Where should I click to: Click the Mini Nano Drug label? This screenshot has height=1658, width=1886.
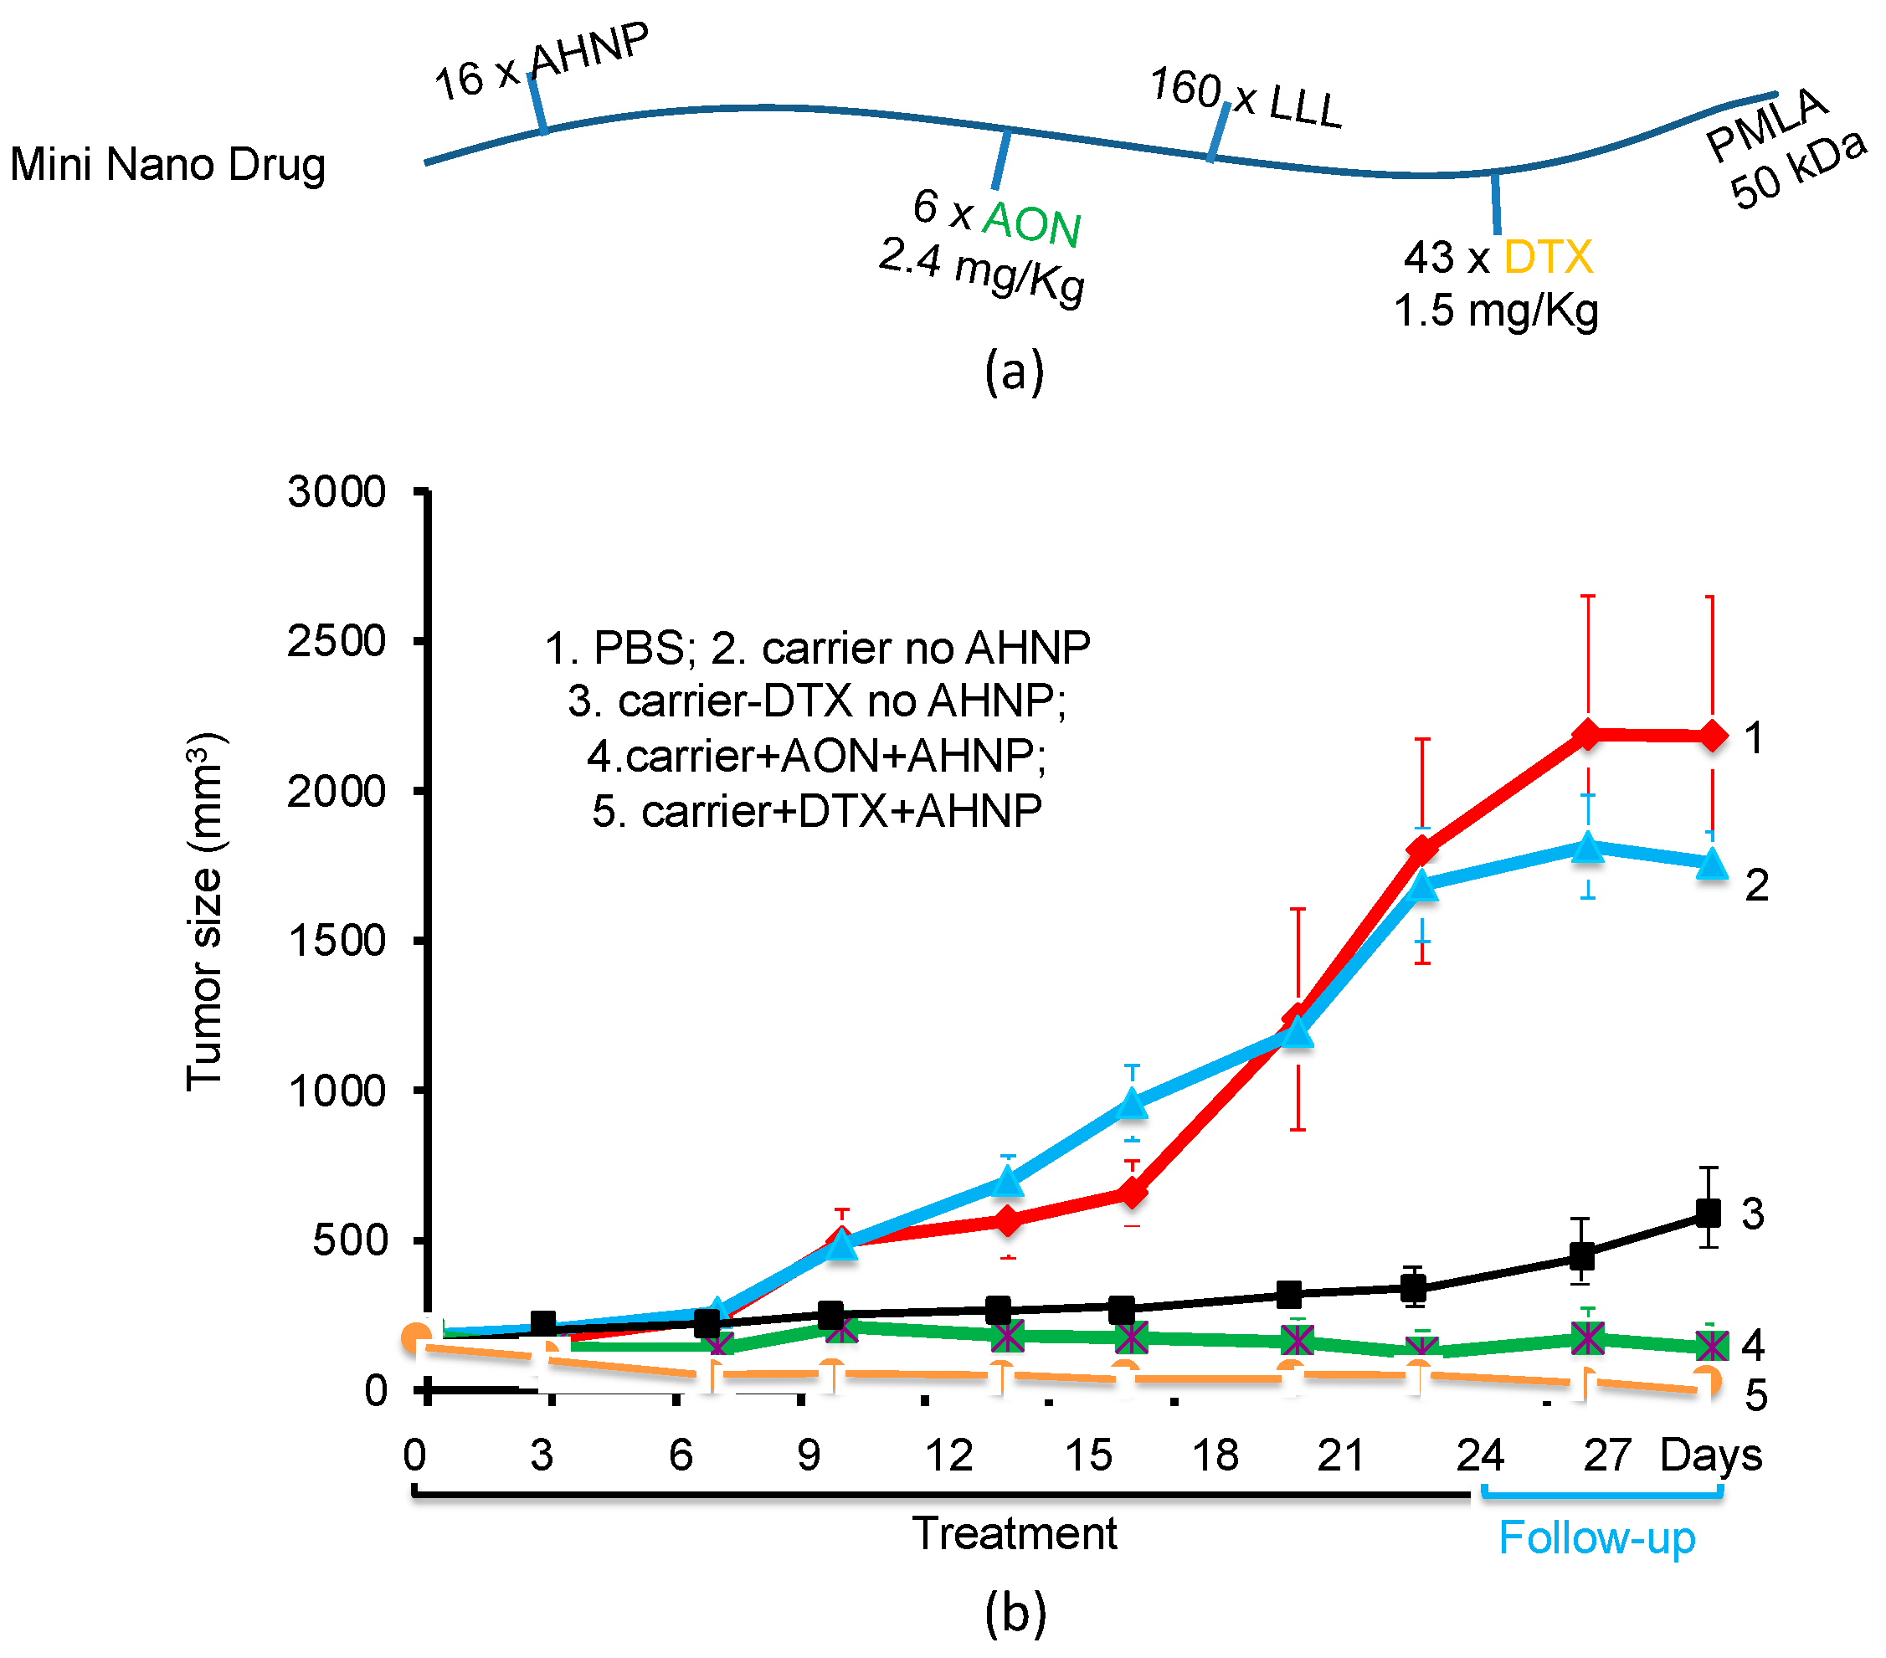point(167,164)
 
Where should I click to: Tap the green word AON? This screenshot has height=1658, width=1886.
point(1030,223)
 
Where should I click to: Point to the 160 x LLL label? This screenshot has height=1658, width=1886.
point(1246,97)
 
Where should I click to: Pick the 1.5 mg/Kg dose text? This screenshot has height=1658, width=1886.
point(1495,311)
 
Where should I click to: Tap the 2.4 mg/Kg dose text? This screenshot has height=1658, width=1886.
point(982,269)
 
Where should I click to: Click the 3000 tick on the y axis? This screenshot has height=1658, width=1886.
point(336,492)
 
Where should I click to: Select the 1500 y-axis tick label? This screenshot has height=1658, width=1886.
point(336,941)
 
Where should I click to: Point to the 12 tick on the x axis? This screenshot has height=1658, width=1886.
point(948,1456)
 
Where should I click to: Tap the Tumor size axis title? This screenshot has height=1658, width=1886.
point(205,911)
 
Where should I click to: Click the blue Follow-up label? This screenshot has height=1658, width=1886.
point(1596,1538)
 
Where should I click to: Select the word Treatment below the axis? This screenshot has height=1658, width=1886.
point(1014,1533)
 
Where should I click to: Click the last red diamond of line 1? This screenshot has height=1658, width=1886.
point(1713,737)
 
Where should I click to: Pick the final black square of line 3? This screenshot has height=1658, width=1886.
point(1709,1213)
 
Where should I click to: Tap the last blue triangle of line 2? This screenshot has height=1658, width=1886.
point(1713,864)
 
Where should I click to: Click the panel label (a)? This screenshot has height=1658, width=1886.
point(1014,372)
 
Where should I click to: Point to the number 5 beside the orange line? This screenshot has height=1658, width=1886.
point(1756,1396)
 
